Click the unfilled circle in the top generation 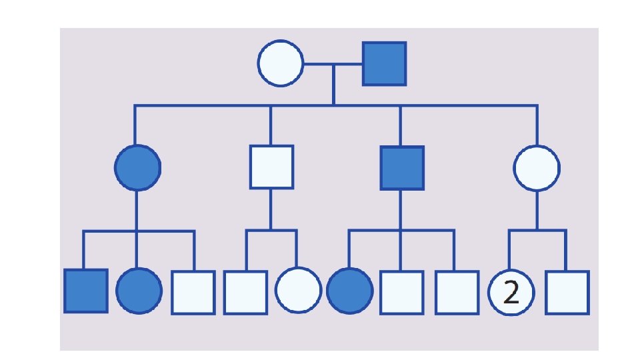tap(281, 64)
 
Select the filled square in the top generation tap(384, 64)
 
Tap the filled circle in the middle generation tap(137, 167)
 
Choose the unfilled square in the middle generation tap(271, 167)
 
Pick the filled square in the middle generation tap(402, 167)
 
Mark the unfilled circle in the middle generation tap(537, 167)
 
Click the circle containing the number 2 tap(511, 292)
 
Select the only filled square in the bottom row tap(86, 291)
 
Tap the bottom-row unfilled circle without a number tap(297, 291)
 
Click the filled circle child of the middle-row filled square tap(349, 291)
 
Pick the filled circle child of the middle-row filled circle tap(139, 291)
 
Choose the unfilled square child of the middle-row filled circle tap(193, 292)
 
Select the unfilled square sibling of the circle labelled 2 tap(567, 292)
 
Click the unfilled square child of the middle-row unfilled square tap(245, 292)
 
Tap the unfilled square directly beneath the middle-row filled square tap(401, 292)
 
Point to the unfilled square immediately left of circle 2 tap(456, 292)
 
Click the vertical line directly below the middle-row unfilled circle tap(537, 210)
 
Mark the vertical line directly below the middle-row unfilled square tap(271, 210)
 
